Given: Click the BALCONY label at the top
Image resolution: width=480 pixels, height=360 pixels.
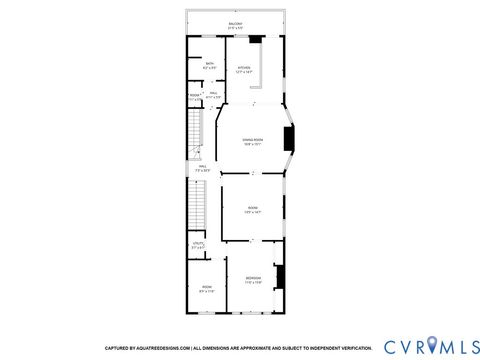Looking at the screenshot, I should pos(235,24).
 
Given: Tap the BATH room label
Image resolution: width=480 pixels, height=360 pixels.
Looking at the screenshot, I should pos(210,64).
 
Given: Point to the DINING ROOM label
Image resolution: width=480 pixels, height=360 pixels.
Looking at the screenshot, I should pos(253,141).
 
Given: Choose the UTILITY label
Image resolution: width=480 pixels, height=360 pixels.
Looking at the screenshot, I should pos(198,244).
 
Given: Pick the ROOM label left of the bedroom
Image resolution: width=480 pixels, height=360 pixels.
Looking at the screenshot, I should pos(206,289).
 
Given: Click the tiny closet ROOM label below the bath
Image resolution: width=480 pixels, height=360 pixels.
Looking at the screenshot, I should pos(194,96).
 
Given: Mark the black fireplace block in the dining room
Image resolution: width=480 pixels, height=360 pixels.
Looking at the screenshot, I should pos(288,139).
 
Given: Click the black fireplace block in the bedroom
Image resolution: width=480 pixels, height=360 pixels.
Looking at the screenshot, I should pos(281,277).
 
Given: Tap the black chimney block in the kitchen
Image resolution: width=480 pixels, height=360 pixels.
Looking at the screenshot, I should pos(256,40).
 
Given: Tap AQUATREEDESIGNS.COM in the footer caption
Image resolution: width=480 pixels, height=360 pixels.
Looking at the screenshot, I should pos(167,348).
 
